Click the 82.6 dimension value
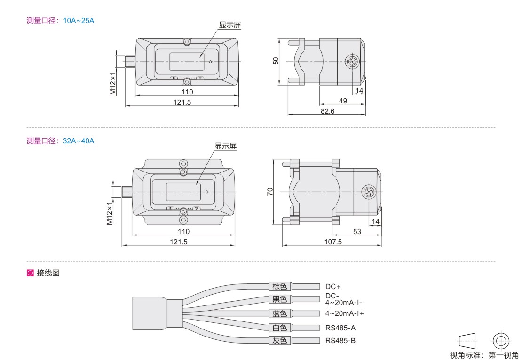[327, 111]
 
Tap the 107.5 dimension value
[333, 242]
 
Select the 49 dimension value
[343, 101]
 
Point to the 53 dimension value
[357, 231]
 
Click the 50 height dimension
[276, 61]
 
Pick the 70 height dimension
[270, 192]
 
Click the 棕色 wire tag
[280, 286]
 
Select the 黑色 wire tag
[280, 299]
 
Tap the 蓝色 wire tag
[280, 313]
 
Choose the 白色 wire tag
[280, 328]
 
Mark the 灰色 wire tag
[280, 340]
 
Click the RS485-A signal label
[340, 328]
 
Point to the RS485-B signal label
[340, 341]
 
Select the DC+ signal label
[333, 287]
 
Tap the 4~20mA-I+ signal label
[345, 313]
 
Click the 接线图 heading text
[48, 273]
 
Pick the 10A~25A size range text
[79, 21]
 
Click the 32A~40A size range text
[79, 141]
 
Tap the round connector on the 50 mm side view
[352, 62]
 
